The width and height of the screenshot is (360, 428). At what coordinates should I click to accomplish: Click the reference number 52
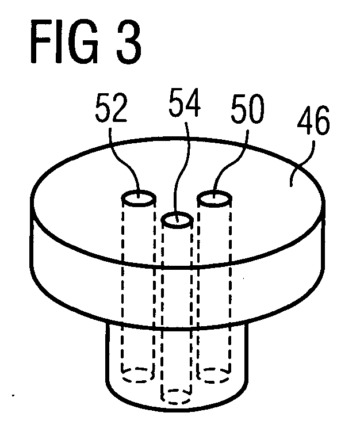(112, 108)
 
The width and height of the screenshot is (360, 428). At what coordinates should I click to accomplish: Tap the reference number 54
(185, 102)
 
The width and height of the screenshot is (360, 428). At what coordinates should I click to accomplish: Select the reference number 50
(247, 108)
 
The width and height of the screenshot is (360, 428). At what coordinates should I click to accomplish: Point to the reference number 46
(313, 120)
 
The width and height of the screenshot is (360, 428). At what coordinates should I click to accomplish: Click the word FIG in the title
(64, 42)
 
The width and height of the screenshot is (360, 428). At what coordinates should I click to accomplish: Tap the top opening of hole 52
(139, 198)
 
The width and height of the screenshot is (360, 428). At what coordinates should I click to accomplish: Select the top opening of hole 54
(177, 220)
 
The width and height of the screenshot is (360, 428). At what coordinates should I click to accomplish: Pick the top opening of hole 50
(215, 199)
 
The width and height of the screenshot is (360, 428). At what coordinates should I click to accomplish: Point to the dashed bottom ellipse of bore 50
(213, 375)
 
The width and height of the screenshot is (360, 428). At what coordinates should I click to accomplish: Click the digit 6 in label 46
(322, 121)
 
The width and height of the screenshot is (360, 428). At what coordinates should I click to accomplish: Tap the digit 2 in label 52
(119, 108)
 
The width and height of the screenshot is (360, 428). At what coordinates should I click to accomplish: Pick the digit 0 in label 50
(256, 109)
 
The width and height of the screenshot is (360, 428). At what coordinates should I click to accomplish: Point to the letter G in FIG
(83, 42)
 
